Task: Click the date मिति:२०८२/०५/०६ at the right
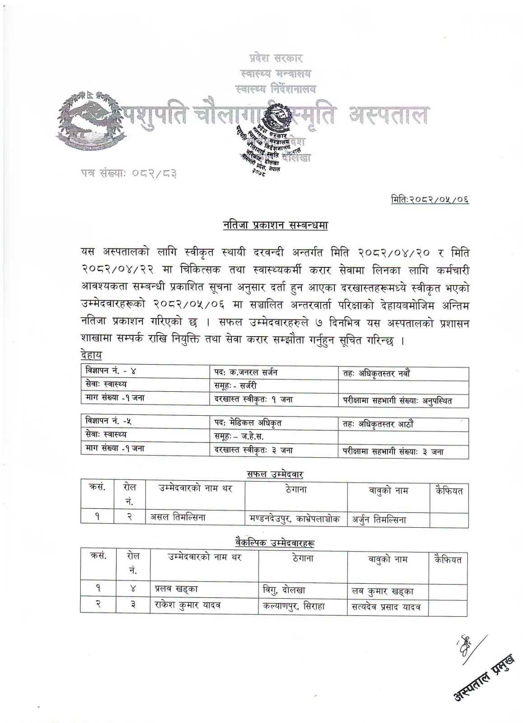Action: click(430, 198)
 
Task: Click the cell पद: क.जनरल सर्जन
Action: click(246, 372)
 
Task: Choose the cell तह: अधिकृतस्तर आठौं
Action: click(379, 423)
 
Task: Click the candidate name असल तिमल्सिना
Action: click(178, 517)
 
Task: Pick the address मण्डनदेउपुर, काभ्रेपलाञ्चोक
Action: click(295, 518)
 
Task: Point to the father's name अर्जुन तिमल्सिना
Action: click(379, 520)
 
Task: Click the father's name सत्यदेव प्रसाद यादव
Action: click(386, 607)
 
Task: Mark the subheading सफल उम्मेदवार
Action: click(275, 474)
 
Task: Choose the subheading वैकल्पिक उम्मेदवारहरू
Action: click(274, 542)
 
